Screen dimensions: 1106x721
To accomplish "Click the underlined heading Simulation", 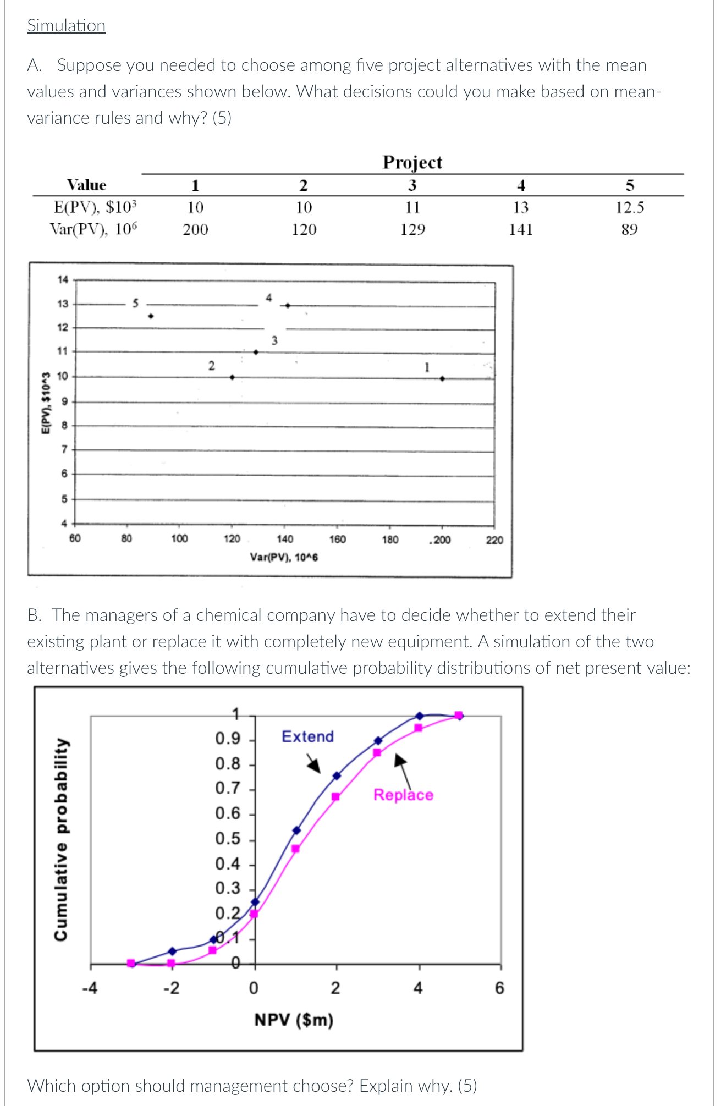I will click(x=66, y=26).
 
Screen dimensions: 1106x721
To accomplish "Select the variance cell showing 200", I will click(x=195, y=230).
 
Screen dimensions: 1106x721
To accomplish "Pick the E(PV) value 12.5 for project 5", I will click(x=629, y=208).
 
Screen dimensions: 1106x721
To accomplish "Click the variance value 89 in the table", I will click(x=629, y=230).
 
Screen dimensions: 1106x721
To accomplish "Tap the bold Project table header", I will click(x=412, y=162).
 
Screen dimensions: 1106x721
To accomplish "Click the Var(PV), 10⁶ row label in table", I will click(x=93, y=229).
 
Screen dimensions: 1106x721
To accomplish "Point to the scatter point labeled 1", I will click(x=442, y=378).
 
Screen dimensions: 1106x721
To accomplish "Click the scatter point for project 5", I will click(x=151, y=316).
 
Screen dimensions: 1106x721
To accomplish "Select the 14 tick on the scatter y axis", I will click(x=63, y=280).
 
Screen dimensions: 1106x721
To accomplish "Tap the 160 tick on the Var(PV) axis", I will click(x=337, y=540).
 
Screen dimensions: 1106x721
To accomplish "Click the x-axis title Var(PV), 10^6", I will click(x=284, y=557).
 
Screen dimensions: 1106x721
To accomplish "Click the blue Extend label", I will click(x=307, y=736).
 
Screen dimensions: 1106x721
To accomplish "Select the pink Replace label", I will click(x=403, y=795).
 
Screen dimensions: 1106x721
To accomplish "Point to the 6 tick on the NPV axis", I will click(x=499, y=988).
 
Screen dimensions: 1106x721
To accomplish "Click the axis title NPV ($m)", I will click(x=294, y=1020).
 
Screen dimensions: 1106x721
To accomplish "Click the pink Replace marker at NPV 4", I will click(x=419, y=728).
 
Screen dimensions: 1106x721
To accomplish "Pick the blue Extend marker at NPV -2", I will click(x=172, y=951).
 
